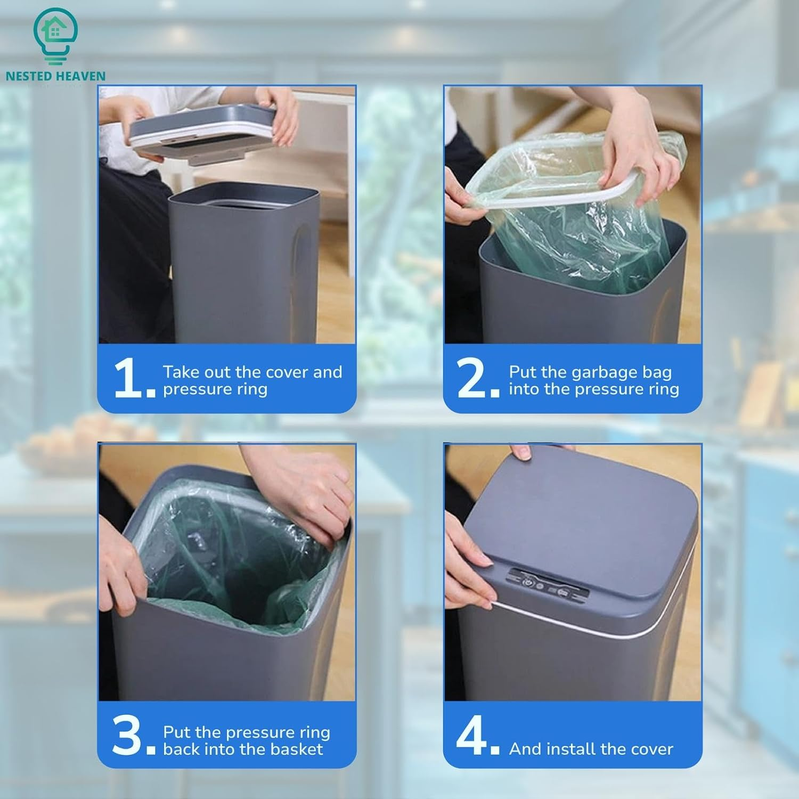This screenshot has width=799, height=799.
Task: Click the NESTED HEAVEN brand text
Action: coord(55,76)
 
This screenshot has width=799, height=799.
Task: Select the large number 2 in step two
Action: coord(472,378)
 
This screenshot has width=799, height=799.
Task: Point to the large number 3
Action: coord(128,736)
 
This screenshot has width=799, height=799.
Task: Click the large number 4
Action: coord(472,736)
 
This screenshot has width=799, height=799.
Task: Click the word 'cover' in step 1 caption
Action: coord(288,372)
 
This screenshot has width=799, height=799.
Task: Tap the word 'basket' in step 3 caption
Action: coord(297,749)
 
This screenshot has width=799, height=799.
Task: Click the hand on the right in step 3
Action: coord(309,490)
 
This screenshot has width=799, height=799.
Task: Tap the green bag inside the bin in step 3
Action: coord(229,575)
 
